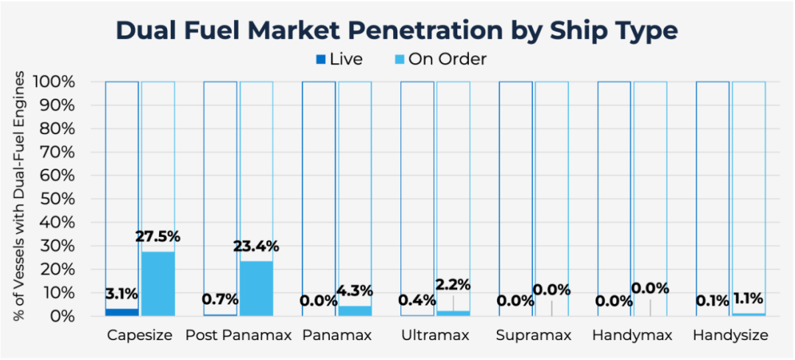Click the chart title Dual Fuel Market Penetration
click(x=397, y=31)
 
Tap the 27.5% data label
click(x=158, y=237)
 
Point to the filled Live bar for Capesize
click(x=121, y=312)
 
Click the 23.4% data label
click(x=256, y=247)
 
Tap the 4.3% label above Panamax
click(x=355, y=291)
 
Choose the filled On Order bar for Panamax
click(x=355, y=311)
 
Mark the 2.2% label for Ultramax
click(x=453, y=285)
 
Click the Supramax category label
click(x=534, y=336)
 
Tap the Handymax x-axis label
click(x=632, y=336)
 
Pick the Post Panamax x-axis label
click(x=239, y=336)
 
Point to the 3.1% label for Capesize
click(x=121, y=294)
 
